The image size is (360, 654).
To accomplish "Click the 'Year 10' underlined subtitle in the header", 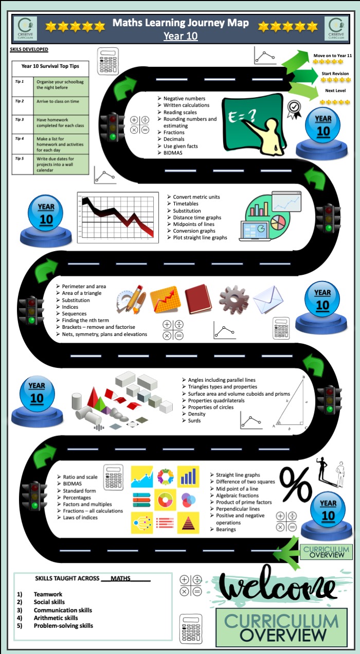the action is pyautogui.click(x=181, y=36).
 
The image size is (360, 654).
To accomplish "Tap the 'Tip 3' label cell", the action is pyautogui.click(x=23, y=125).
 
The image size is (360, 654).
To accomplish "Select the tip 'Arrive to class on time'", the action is pyautogui.click(x=58, y=101).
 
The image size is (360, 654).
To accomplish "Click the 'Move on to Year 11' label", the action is pyautogui.click(x=333, y=56).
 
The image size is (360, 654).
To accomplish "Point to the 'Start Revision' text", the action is pyautogui.click(x=335, y=74).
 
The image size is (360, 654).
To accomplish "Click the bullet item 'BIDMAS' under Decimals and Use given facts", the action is pyautogui.click(x=173, y=153).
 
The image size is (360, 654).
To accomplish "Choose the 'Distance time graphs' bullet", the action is pyautogui.click(x=197, y=218).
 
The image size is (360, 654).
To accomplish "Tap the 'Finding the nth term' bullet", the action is pyautogui.click(x=85, y=320).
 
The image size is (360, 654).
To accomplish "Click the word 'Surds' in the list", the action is pyautogui.click(x=194, y=421).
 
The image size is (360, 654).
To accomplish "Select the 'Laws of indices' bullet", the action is pyautogui.click(x=80, y=517).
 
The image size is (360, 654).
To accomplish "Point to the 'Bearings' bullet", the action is pyautogui.click(x=226, y=529).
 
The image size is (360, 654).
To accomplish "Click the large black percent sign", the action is pyautogui.click(x=296, y=484).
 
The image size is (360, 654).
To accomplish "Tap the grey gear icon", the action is pyautogui.click(x=234, y=299).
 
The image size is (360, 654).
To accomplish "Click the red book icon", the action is pyautogui.click(x=199, y=299).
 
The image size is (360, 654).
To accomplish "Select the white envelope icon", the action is pyautogui.click(x=268, y=299).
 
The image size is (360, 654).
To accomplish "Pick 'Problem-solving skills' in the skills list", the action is pyautogui.click(x=63, y=626).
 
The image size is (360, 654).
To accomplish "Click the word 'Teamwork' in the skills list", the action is pyautogui.click(x=48, y=594).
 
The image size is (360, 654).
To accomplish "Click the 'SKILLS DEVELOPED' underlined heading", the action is pyautogui.click(x=29, y=49).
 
